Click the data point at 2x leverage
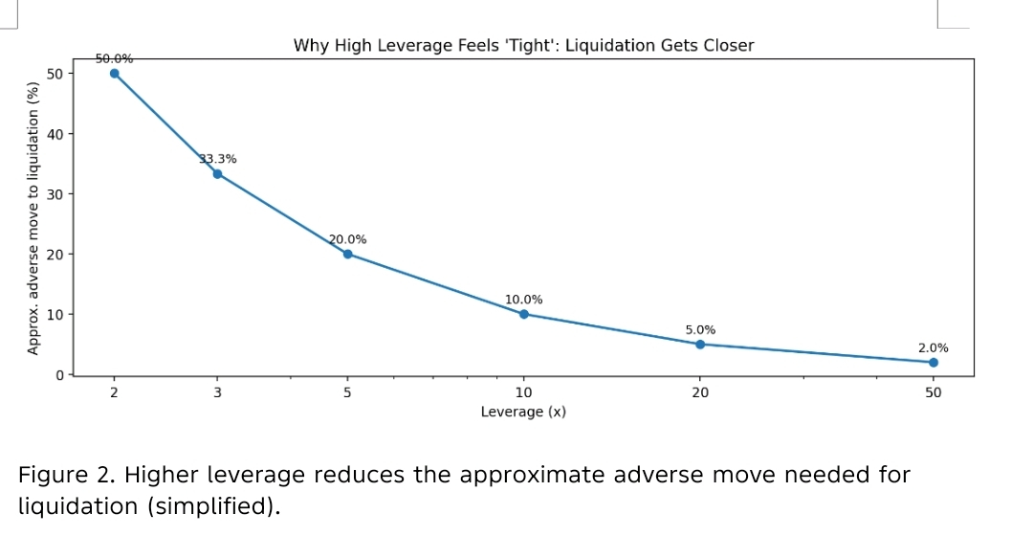click(x=115, y=73)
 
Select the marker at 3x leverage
click(x=217, y=173)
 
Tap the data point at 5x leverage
click(x=347, y=254)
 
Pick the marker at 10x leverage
click(x=523, y=314)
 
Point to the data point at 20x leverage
click(x=700, y=344)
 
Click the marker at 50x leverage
click(x=933, y=362)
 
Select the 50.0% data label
click(x=114, y=58)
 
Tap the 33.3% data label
click(x=218, y=159)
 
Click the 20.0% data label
click(x=347, y=239)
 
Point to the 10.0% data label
click(x=523, y=300)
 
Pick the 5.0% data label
click(x=700, y=329)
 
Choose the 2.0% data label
click(x=933, y=348)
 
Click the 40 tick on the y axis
click(x=55, y=134)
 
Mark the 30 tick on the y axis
click(x=55, y=194)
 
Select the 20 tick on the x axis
click(x=700, y=392)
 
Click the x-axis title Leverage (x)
click(x=523, y=412)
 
